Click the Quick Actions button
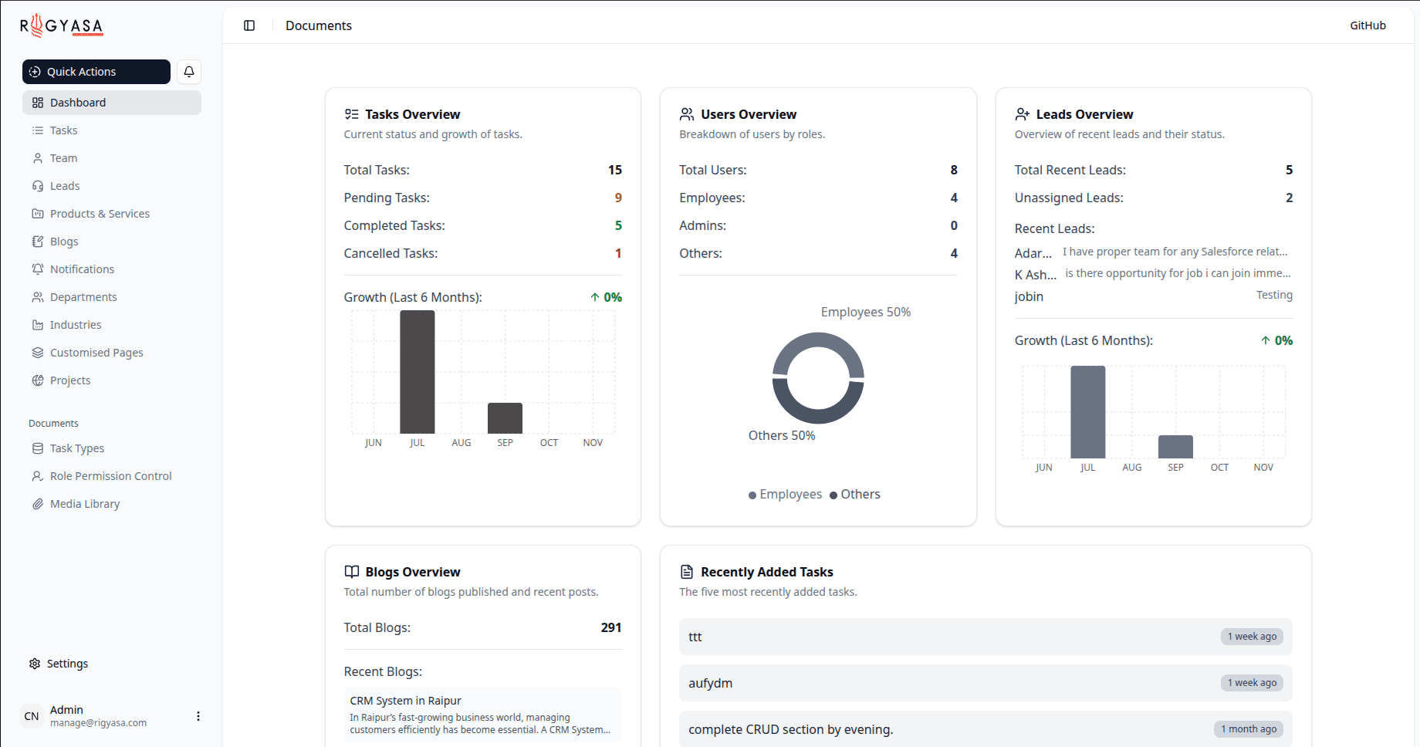96,72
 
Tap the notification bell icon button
189,72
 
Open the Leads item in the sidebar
65,186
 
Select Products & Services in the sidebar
100,214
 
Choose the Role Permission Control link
110,476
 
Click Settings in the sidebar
67,664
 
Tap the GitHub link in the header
1368,25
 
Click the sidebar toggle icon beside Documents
249,25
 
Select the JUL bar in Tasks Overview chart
417,372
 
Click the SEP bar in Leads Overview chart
1175,447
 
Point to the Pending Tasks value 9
618,198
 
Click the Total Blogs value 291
610,627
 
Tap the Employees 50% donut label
865,312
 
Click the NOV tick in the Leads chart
1263,468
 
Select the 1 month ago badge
1248,729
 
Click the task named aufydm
711,683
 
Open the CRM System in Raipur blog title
405,701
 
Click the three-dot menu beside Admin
198,716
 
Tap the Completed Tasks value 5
618,225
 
